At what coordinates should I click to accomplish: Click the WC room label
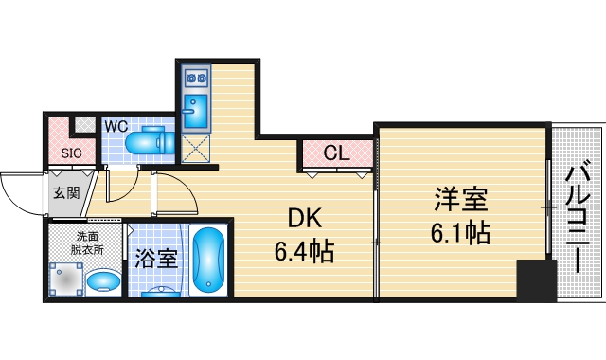coord(116,124)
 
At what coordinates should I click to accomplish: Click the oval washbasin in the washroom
coord(103,280)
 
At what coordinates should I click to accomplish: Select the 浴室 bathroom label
coord(156,259)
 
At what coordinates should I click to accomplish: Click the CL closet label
coord(336,152)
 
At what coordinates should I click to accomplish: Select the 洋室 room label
coord(461,201)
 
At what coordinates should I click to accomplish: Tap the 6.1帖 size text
coord(461,233)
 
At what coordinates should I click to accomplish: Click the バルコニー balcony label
coord(579,217)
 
